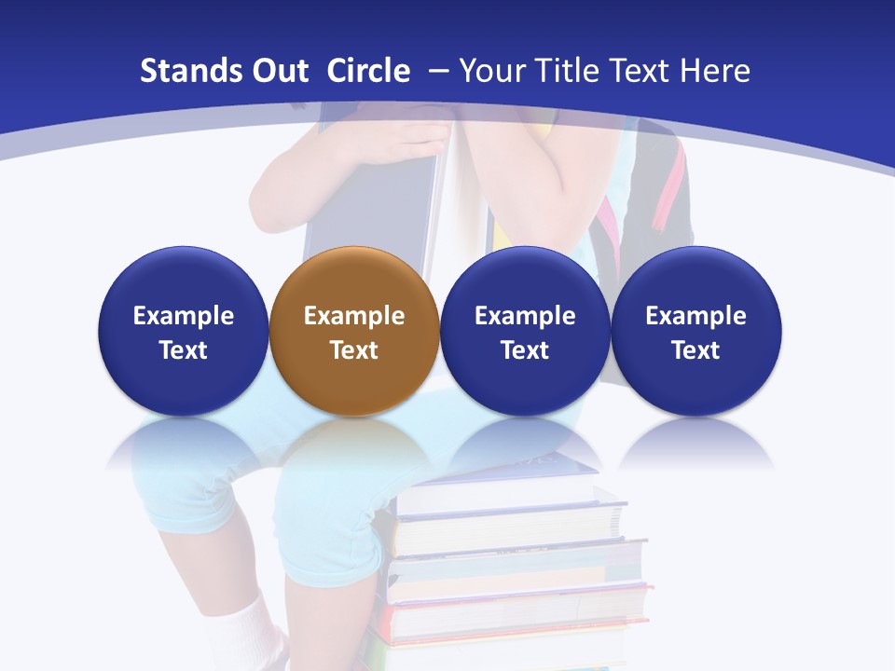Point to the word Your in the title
(x=491, y=71)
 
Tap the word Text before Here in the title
(x=642, y=71)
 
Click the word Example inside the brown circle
(x=354, y=316)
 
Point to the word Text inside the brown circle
(x=354, y=350)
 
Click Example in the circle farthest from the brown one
(x=695, y=316)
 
